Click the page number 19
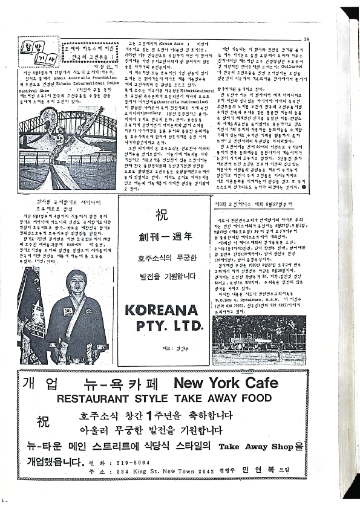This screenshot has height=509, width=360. tap(307, 41)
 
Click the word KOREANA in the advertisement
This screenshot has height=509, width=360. tap(162, 311)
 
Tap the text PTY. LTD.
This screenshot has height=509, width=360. tap(163, 326)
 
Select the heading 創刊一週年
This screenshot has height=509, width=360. tap(163, 235)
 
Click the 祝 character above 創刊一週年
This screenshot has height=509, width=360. tap(163, 215)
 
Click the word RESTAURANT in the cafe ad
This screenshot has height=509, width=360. tap(91, 399)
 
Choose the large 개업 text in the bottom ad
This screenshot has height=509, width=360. tap(41, 384)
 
